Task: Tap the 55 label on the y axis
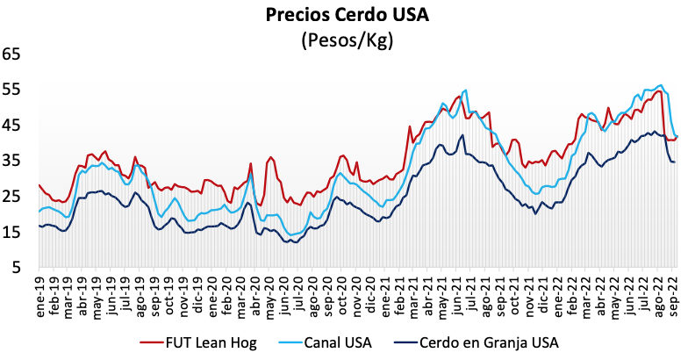coord(11,89)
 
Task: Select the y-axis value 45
coord(11,125)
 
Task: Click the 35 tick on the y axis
coord(11,160)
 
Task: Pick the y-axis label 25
coord(11,196)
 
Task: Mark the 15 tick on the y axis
coord(11,232)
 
